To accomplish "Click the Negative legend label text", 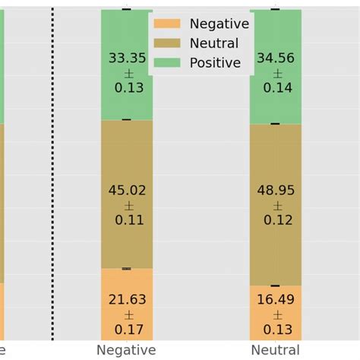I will [x=219, y=24].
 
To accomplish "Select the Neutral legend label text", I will [x=214, y=43].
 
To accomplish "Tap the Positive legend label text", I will [x=215, y=63].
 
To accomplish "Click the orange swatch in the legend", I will [x=167, y=24].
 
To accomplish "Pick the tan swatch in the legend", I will [x=167, y=43].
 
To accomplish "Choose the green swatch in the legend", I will [x=167, y=63].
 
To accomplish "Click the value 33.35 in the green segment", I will [x=127, y=58].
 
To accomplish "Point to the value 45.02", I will [x=127, y=191].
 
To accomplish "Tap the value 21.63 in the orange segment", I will [x=127, y=300].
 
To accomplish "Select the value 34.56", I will [x=276, y=58].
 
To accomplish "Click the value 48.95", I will [x=276, y=191].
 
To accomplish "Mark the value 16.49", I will [x=276, y=300].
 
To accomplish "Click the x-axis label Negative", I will [x=126, y=350].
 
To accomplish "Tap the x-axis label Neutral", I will [x=276, y=350].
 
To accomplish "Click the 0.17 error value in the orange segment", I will [x=127, y=330].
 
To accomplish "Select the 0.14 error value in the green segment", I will [x=276, y=87].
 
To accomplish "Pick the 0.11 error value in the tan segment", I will [x=127, y=220].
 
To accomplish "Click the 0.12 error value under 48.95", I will [x=276, y=220].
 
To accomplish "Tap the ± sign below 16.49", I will [x=276, y=315].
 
